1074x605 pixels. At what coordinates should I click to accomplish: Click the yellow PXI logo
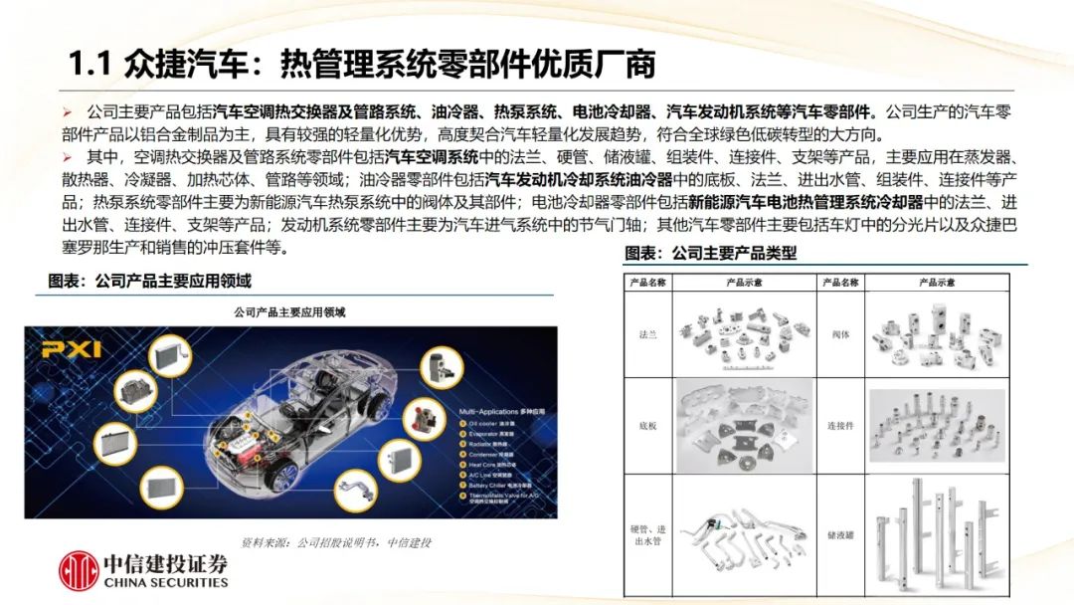tap(71, 348)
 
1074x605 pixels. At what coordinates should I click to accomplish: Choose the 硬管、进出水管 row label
tap(647, 534)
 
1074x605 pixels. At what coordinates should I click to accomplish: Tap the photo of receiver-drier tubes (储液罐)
tap(935, 534)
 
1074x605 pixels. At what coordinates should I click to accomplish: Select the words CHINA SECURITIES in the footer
tap(165, 583)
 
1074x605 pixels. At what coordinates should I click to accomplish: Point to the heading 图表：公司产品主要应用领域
tap(150, 282)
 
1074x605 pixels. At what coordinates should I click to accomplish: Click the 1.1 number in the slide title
tap(89, 66)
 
